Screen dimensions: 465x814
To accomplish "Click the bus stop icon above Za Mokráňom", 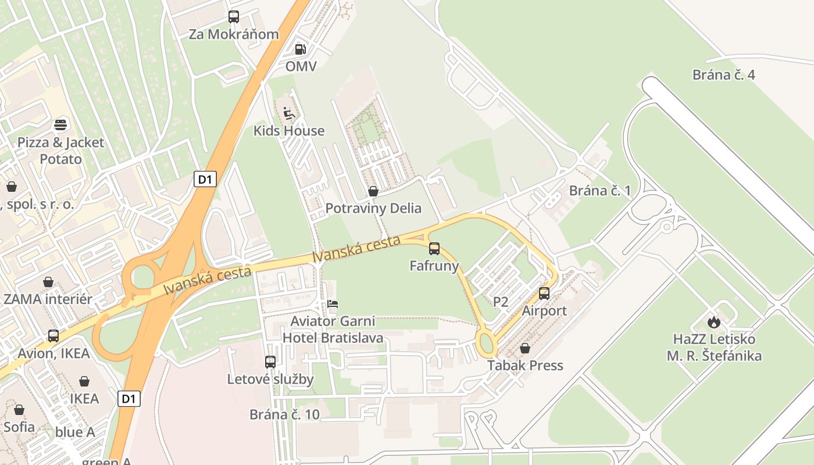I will pyautogui.click(x=234, y=17).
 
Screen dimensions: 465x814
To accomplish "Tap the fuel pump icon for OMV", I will pyautogui.click(x=300, y=49).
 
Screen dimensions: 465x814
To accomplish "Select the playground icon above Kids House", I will pyautogui.click(x=289, y=112).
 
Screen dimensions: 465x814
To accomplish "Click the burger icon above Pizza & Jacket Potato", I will pyautogui.click(x=60, y=124).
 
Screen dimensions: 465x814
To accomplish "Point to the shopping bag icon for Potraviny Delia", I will pyautogui.click(x=373, y=191).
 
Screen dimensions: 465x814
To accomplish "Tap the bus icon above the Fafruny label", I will pyautogui.click(x=434, y=249).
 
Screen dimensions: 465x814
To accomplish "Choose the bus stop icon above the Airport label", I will pyautogui.click(x=544, y=294).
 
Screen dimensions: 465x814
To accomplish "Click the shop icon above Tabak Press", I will pyautogui.click(x=525, y=348).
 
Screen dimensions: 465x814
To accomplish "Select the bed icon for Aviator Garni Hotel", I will pyautogui.click(x=333, y=304).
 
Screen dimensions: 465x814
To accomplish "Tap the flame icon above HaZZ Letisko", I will pyautogui.click(x=714, y=321).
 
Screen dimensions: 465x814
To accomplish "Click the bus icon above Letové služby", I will pyautogui.click(x=270, y=362).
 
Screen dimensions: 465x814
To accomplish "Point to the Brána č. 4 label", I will pyautogui.click(x=723, y=74).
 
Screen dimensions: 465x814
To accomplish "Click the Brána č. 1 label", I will pyautogui.click(x=599, y=191).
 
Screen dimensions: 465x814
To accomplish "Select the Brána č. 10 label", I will pyautogui.click(x=284, y=414).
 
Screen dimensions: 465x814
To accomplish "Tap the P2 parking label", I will pyautogui.click(x=501, y=302).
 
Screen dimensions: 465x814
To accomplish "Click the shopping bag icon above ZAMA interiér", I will pyautogui.click(x=48, y=282).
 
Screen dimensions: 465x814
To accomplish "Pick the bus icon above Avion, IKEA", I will pyautogui.click(x=53, y=336).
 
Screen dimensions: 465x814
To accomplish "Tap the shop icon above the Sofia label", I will pyautogui.click(x=19, y=410).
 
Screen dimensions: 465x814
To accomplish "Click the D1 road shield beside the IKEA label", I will pyautogui.click(x=129, y=399).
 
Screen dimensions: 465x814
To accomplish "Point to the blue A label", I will pyautogui.click(x=75, y=432).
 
